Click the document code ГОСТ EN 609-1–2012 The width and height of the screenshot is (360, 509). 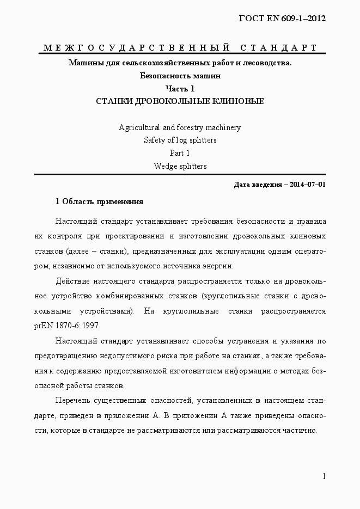pyautogui.click(x=282, y=19)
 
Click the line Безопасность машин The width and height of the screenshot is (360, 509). pyautogui.click(x=180, y=76)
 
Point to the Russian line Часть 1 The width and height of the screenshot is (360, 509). pyautogui.click(x=180, y=88)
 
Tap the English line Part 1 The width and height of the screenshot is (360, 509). pyautogui.click(x=180, y=153)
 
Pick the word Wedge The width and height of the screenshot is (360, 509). pyautogui.click(x=164, y=166)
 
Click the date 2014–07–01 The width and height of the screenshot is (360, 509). pyautogui.click(x=308, y=184)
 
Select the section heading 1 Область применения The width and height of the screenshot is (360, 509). pyautogui.click(x=100, y=201)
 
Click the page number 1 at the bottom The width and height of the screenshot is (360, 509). pyautogui.click(x=324, y=476)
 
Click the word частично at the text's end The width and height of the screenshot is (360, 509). pyautogui.click(x=299, y=430)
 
